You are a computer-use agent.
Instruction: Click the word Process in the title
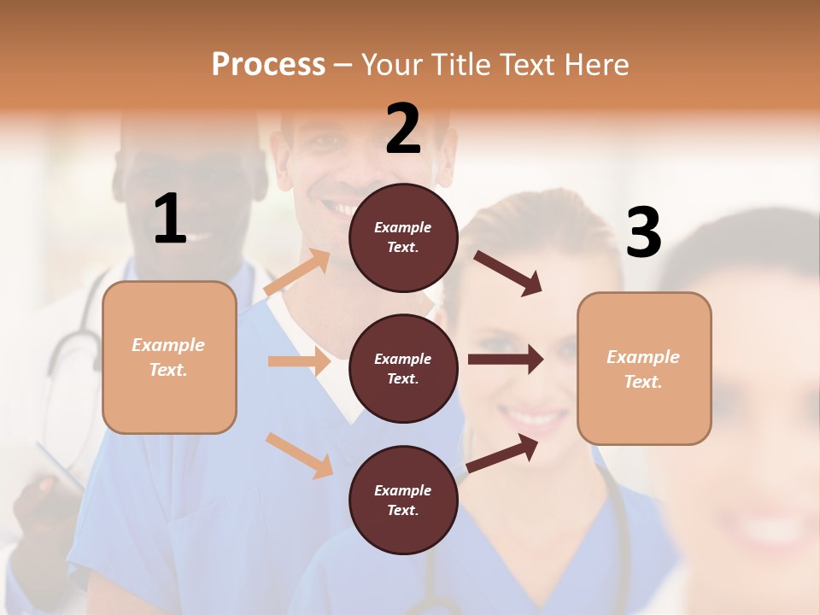[268, 65]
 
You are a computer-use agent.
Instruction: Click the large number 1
[170, 220]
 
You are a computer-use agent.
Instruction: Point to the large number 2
[403, 129]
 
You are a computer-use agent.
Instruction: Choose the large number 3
[643, 233]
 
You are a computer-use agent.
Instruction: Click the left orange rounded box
[169, 357]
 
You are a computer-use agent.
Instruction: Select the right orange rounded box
[644, 368]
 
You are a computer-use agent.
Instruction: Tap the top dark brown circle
[403, 237]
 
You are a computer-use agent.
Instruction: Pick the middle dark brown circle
[403, 368]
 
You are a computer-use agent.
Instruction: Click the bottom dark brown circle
[403, 500]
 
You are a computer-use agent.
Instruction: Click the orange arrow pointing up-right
[297, 272]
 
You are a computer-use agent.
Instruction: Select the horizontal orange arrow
[299, 361]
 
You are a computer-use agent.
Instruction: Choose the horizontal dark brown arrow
[505, 360]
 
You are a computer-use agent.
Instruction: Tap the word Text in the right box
[643, 382]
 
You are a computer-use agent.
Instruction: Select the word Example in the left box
[168, 345]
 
